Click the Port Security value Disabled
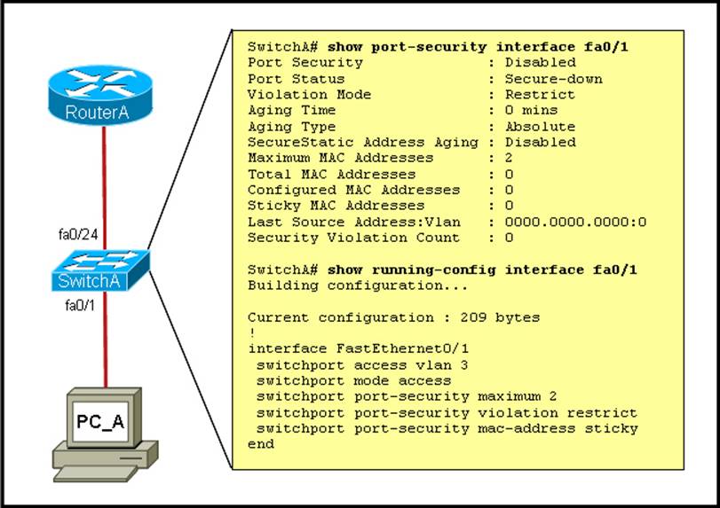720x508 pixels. point(540,63)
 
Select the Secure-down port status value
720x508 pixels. point(553,79)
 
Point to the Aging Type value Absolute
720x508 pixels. point(540,127)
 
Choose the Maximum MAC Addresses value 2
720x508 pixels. point(509,158)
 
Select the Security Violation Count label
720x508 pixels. point(353,238)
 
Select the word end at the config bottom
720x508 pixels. point(260,444)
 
